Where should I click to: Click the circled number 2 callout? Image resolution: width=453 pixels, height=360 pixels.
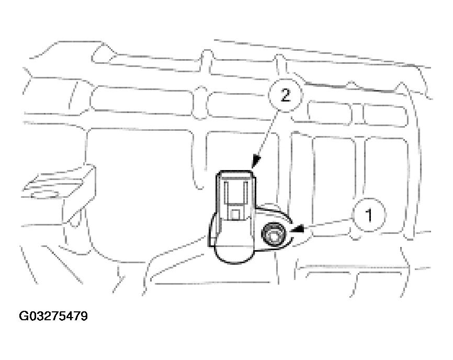[x=285, y=95]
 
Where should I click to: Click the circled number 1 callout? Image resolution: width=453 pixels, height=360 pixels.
[x=368, y=215]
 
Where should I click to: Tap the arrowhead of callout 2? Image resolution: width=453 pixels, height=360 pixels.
[x=256, y=162]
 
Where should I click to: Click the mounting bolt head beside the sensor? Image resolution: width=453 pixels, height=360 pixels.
[x=273, y=234]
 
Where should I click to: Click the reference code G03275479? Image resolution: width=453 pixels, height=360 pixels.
[x=53, y=316]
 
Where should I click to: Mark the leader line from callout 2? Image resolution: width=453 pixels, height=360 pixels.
[x=267, y=134]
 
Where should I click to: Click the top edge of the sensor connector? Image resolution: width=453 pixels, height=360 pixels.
[x=235, y=172]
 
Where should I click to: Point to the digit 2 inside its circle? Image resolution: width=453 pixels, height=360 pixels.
[x=286, y=95]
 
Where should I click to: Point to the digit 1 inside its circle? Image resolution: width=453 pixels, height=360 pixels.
[x=369, y=216]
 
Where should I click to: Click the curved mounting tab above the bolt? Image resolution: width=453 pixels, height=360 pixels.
[x=275, y=212]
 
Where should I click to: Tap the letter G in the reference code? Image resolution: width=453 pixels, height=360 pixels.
[x=23, y=316]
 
